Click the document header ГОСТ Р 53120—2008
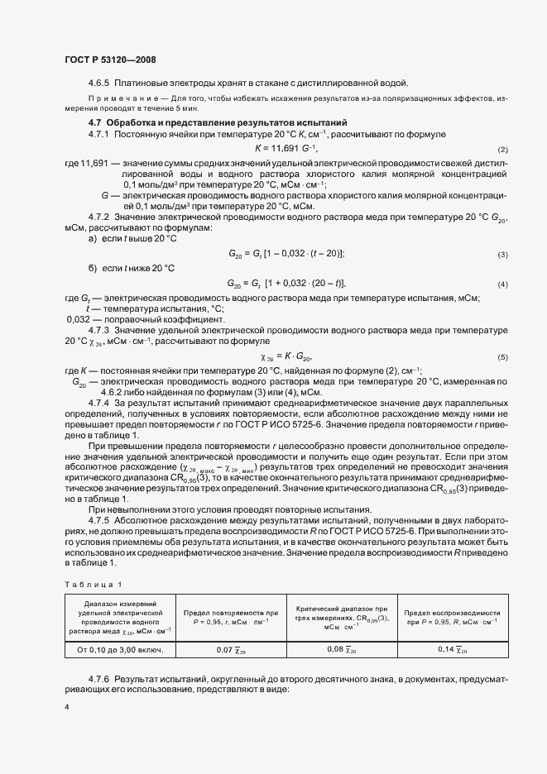pos(110,60)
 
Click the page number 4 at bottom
pos(67,708)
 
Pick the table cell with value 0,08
pos(340,650)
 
